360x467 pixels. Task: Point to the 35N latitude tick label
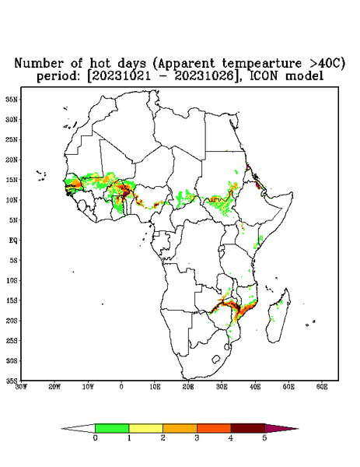(x=12, y=99)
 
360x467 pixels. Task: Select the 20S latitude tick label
(x=12, y=321)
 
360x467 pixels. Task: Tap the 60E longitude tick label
(x=322, y=387)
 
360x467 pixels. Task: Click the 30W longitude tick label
(x=22, y=387)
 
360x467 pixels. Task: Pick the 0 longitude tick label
(x=121, y=387)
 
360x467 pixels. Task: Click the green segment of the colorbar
(x=112, y=428)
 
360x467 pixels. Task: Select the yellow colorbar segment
(x=145, y=428)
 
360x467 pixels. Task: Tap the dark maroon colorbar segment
(x=248, y=428)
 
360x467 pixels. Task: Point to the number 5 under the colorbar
(x=264, y=438)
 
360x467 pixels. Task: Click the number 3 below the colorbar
(x=197, y=438)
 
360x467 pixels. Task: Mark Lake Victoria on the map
(x=222, y=248)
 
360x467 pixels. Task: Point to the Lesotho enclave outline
(x=215, y=359)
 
